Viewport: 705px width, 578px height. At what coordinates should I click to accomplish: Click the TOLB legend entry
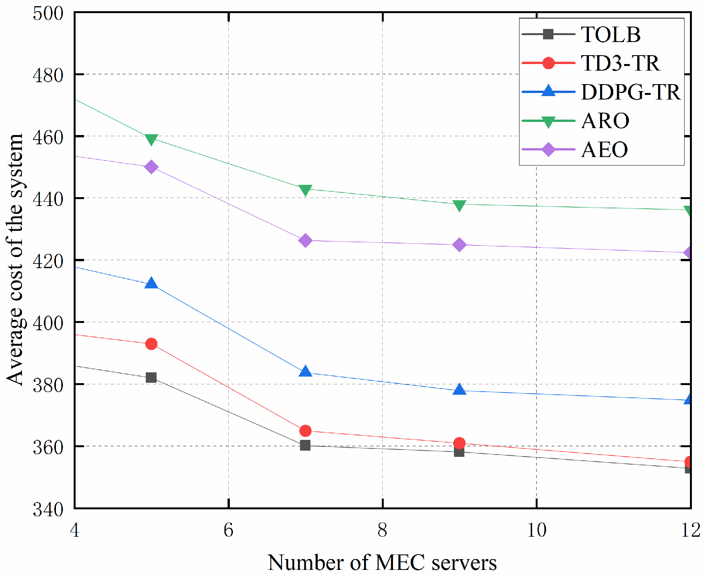pos(610,34)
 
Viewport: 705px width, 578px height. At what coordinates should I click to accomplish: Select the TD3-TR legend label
pos(620,63)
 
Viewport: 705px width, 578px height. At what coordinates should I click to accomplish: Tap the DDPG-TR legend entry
pos(630,92)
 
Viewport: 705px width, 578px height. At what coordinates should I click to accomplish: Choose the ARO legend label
pos(605,121)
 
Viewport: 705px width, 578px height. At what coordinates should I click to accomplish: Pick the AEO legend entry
pos(604,150)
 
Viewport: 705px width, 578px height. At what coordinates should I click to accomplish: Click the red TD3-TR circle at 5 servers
pos(151,344)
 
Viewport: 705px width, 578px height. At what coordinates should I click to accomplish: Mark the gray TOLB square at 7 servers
pos(305,445)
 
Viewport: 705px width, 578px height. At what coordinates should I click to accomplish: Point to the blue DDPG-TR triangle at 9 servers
pos(459,390)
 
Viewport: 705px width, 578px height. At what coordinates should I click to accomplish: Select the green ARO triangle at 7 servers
pos(305,190)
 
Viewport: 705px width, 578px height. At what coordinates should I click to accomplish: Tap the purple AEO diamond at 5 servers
pos(151,167)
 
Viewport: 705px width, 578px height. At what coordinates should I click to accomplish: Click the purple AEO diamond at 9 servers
pos(459,245)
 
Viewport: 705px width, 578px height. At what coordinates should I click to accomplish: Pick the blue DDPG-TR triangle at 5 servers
pos(151,283)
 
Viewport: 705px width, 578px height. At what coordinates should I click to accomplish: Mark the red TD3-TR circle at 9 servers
pos(459,443)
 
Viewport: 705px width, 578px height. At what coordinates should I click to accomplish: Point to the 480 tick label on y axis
pos(48,75)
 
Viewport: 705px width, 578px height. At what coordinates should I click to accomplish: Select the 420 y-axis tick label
pos(48,261)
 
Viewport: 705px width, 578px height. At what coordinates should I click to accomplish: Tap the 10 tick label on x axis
pos(536,530)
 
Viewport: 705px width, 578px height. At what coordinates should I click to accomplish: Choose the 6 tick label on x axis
pos(228,530)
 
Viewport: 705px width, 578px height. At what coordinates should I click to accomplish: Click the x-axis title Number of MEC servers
pos(382,563)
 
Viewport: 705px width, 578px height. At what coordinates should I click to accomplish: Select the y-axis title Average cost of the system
pos(15,259)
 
